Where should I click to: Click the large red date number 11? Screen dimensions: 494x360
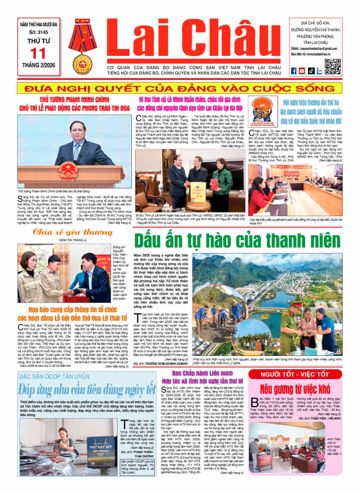click(38, 53)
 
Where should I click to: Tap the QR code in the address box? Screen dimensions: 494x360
click(332, 67)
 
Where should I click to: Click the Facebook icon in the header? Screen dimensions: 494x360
click(294, 71)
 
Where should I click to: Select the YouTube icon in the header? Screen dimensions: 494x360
click(302, 71)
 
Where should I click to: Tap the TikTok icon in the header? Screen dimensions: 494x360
click(311, 71)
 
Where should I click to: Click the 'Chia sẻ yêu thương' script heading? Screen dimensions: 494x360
click(73, 232)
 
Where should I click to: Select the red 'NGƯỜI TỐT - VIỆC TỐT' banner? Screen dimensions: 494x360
click(295, 374)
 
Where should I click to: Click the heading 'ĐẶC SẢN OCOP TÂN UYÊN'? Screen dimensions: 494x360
click(54, 377)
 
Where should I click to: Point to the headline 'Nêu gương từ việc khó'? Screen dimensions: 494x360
click(295, 389)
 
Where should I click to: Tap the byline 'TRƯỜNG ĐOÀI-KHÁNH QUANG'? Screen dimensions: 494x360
click(166, 364)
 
